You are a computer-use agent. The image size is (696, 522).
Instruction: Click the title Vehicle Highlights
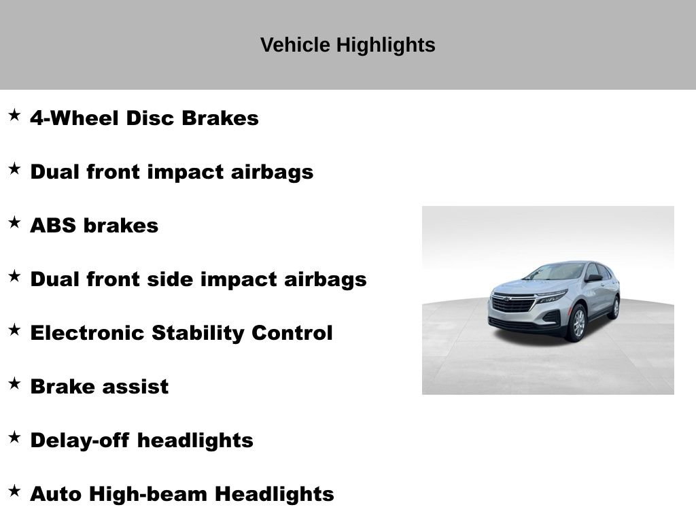click(347, 45)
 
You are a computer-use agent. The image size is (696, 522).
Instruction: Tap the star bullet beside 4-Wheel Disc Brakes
click(14, 115)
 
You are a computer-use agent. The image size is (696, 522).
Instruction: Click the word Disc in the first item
click(151, 118)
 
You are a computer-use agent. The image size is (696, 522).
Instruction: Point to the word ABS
click(53, 225)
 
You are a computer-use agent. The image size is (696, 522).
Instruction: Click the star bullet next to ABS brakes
click(14, 222)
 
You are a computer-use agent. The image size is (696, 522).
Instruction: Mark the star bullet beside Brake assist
click(14, 383)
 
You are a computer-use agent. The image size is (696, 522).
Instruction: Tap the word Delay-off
click(81, 440)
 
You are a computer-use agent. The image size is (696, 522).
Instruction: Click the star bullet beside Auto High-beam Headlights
click(14, 491)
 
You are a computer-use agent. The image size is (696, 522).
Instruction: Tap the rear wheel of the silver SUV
click(614, 307)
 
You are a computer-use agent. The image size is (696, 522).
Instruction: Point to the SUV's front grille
click(515, 304)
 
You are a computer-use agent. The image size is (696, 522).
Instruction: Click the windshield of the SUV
click(557, 272)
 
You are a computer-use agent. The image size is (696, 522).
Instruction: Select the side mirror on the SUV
click(593, 277)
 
